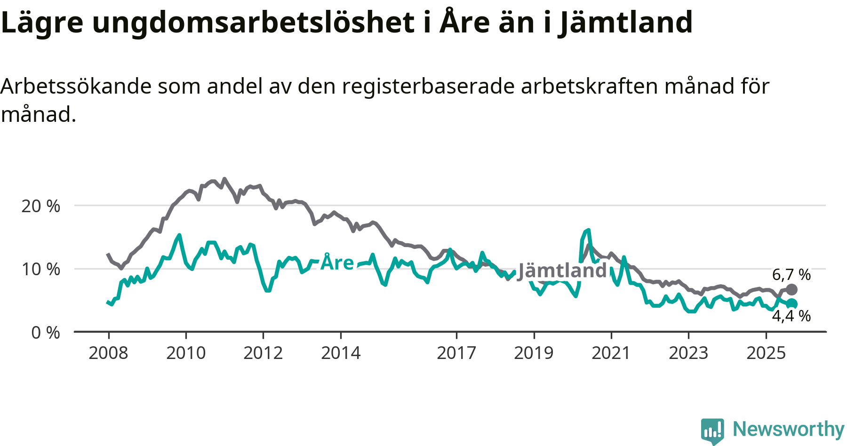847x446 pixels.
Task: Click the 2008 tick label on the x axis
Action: click(x=108, y=353)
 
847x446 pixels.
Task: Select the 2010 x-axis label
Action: click(x=186, y=353)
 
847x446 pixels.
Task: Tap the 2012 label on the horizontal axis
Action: click(x=263, y=353)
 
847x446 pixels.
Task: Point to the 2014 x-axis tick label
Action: click(x=341, y=353)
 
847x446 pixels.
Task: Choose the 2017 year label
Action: click(x=456, y=353)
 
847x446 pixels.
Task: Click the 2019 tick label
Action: click(x=534, y=353)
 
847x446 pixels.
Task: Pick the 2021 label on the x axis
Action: click(x=611, y=353)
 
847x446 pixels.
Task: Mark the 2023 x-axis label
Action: click(x=688, y=353)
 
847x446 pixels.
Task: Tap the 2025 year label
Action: click(x=766, y=353)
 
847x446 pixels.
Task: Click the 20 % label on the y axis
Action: click(x=41, y=206)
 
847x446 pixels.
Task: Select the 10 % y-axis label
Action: click(x=41, y=270)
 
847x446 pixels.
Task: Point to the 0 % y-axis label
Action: click(x=46, y=333)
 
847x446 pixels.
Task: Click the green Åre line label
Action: click(x=337, y=262)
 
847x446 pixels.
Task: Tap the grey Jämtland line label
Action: click(x=562, y=271)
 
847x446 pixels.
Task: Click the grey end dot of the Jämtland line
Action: click(x=792, y=289)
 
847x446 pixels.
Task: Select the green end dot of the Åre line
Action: click(x=792, y=304)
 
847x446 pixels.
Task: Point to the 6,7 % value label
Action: click(x=791, y=274)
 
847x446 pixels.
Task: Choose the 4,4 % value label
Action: click(x=791, y=316)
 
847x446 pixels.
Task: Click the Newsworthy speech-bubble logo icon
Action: click(x=712, y=430)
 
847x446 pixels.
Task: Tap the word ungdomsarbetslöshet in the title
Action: click(x=253, y=22)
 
